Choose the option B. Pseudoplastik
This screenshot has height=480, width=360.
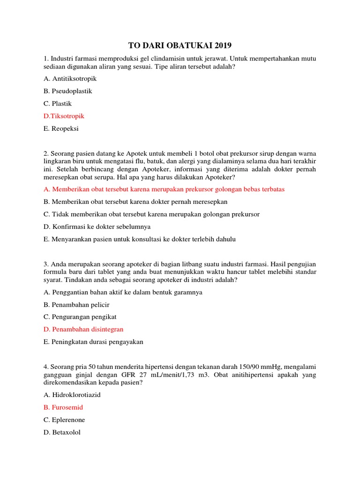click(67, 91)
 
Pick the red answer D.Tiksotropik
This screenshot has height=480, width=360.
click(64, 116)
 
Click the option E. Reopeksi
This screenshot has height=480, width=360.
click(61, 128)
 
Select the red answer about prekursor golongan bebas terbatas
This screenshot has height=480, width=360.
click(164, 189)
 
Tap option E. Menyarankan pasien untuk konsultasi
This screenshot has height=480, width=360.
click(139, 239)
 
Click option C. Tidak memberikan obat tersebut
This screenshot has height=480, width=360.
click(151, 214)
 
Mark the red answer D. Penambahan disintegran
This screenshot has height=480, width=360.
click(83, 330)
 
